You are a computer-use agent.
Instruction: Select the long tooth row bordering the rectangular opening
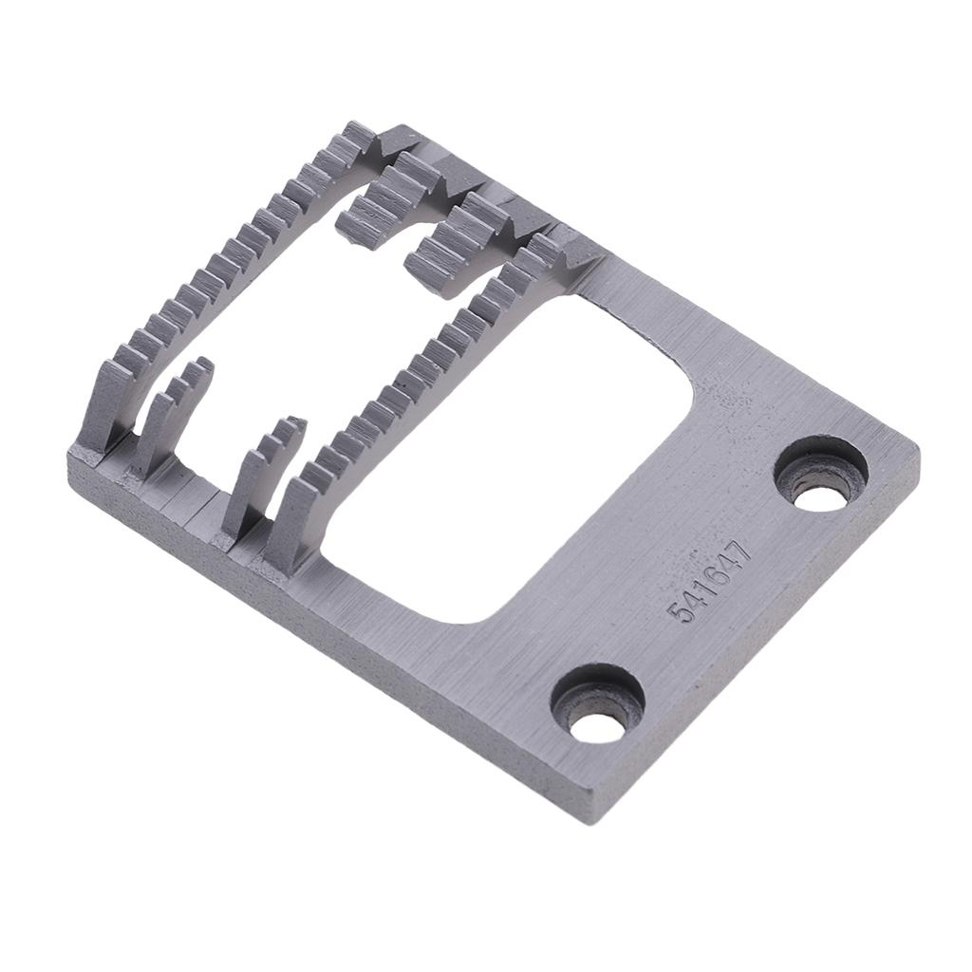tap(427, 380)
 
